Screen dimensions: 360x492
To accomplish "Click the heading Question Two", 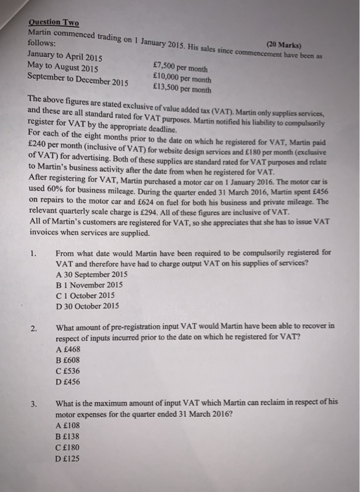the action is (53, 22).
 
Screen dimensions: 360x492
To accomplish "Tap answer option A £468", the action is (67, 349).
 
